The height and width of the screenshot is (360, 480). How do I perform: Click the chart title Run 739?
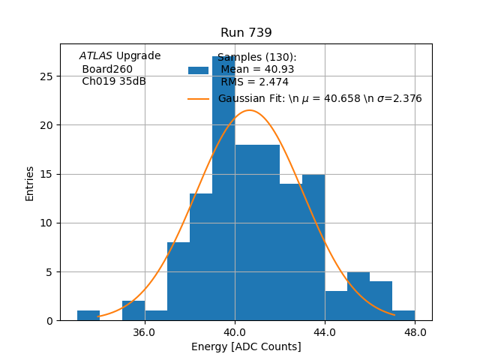tap(246, 33)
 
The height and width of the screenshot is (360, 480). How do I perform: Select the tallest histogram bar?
tap(223, 187)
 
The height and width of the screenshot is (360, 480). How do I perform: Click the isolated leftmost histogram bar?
tap(88, 316)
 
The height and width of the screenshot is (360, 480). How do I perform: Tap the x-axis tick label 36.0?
tap(144, 332)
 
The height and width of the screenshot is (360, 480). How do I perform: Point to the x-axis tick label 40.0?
tap(235, 332)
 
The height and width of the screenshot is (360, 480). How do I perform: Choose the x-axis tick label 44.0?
tap(325, 332)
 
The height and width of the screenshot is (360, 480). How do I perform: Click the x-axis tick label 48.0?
tap(415, 332)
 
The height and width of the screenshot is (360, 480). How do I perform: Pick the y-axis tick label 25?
tap(47, 76)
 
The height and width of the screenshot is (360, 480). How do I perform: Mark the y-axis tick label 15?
tap(47, 174)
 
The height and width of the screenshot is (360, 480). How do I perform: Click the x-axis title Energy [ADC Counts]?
tap(246, 346)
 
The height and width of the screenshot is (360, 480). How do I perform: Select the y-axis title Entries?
tap(30, 183)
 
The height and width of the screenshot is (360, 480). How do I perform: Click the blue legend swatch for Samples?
tap(198, 70)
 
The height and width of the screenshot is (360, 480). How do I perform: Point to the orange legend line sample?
tap(198, 99)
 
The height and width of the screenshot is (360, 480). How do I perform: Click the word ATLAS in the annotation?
tap(96, 55)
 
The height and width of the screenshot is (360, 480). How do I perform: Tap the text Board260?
tap(107, 69)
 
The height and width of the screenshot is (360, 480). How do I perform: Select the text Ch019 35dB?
tap(114, 81)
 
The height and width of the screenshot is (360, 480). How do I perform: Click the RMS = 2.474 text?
tap(254, 82)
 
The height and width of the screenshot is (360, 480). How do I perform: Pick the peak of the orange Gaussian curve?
tap(249, 110)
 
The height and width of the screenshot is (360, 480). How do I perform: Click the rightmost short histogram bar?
tap(403, 316)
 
